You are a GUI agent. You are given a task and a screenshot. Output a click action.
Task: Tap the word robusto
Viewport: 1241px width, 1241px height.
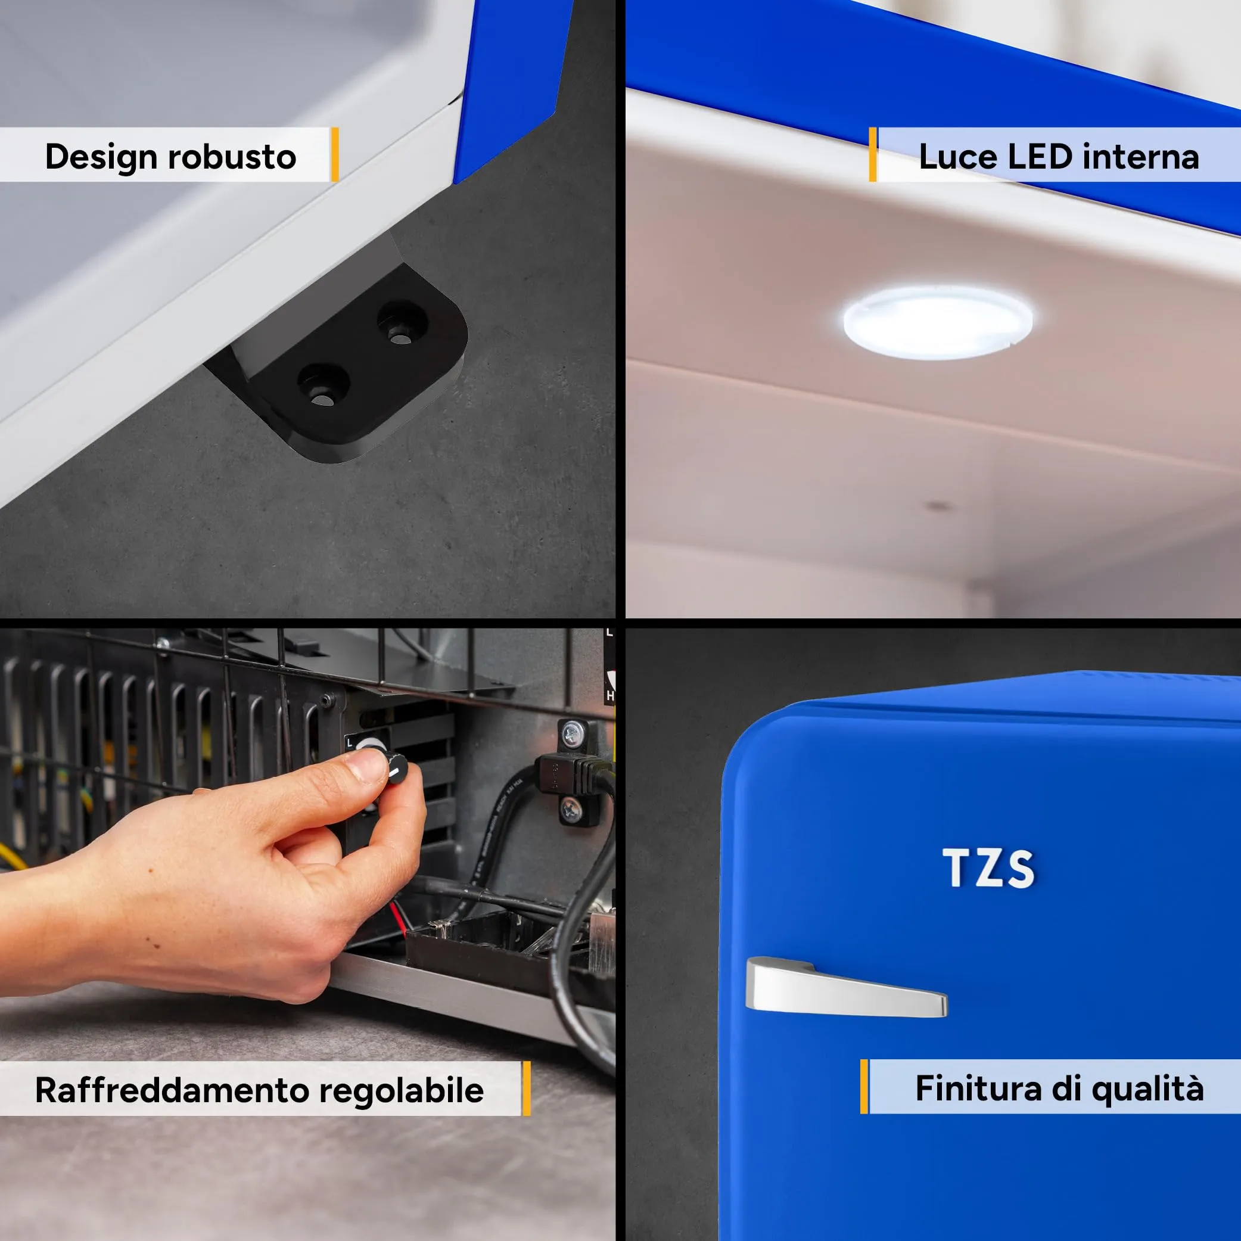click(232, 157)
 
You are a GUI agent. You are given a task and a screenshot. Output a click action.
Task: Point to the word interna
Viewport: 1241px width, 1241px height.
click(1142, 157)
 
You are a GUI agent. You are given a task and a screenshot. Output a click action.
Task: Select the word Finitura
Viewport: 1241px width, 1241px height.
click(978, 1088)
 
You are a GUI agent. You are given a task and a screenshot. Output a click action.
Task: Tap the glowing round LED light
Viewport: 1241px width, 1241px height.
click(937, 321)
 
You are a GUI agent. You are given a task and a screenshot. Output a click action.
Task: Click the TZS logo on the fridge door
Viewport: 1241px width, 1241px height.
click(988, 868)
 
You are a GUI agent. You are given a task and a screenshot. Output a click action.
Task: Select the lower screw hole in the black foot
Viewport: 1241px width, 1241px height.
click(323, 385)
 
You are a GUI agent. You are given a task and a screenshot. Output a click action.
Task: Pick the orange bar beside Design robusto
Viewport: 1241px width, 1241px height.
click(335, 154)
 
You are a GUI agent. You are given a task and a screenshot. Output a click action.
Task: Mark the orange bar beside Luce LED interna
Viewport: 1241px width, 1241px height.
click(872, 154)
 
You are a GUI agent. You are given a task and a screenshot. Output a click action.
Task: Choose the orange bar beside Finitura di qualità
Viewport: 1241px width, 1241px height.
click(864, 1087)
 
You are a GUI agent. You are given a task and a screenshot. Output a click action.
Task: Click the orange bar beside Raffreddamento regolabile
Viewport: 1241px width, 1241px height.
click(527, 1088)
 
